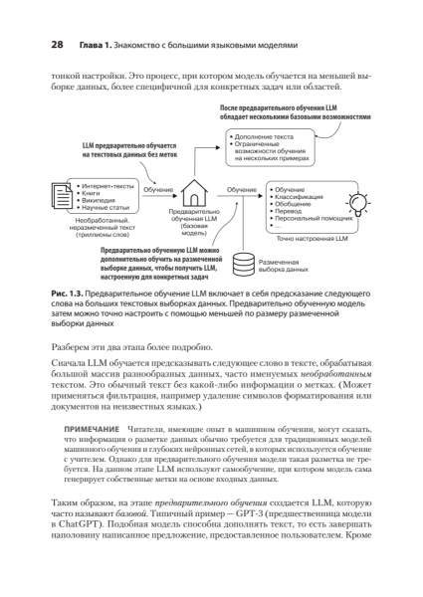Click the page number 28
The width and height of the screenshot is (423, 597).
pyautogui.click(x=43, y=45)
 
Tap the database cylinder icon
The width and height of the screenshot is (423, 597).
pyautogui.click(x=240, y=265)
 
